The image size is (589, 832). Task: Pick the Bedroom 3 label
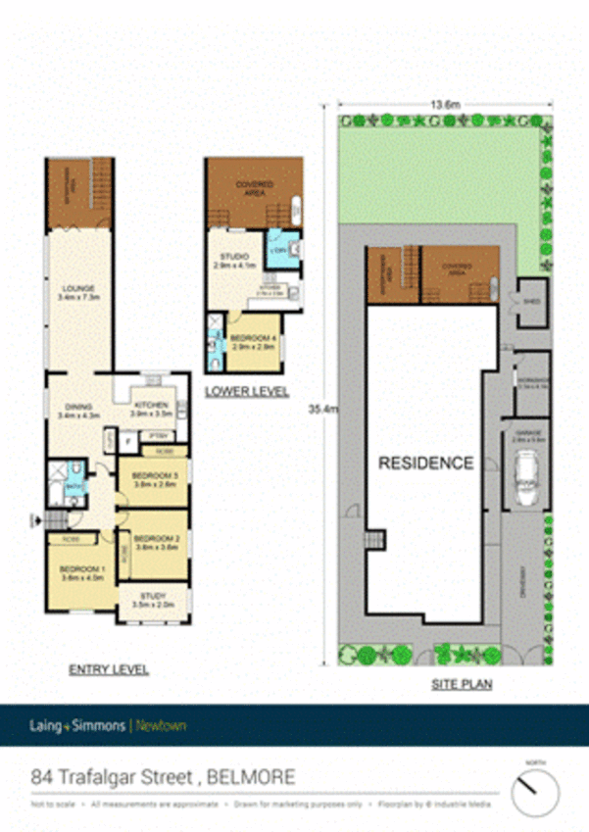tap(153, 480)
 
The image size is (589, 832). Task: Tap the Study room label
tap(152, 601)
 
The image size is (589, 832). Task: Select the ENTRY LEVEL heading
tap(108, 670)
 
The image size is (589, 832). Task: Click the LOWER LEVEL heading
tap(246, 392)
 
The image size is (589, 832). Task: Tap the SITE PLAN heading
tap(462, 686)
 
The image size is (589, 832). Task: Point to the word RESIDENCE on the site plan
tap(426, 464)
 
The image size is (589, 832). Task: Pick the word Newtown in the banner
tap(160, 726)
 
